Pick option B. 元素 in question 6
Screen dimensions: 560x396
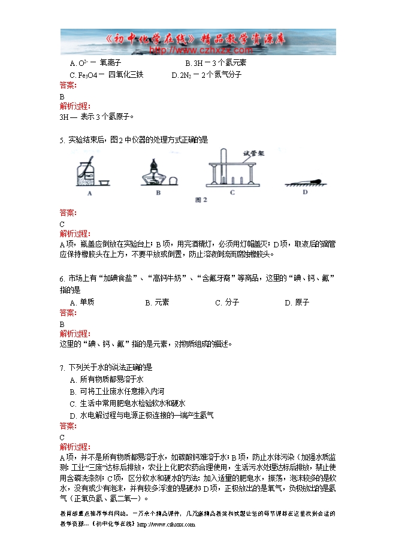click(157, 302)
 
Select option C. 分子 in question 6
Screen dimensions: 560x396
click(227, 302)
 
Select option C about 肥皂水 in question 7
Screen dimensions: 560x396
click(128, 403)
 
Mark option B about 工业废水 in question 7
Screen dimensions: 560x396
click(117, 391)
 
